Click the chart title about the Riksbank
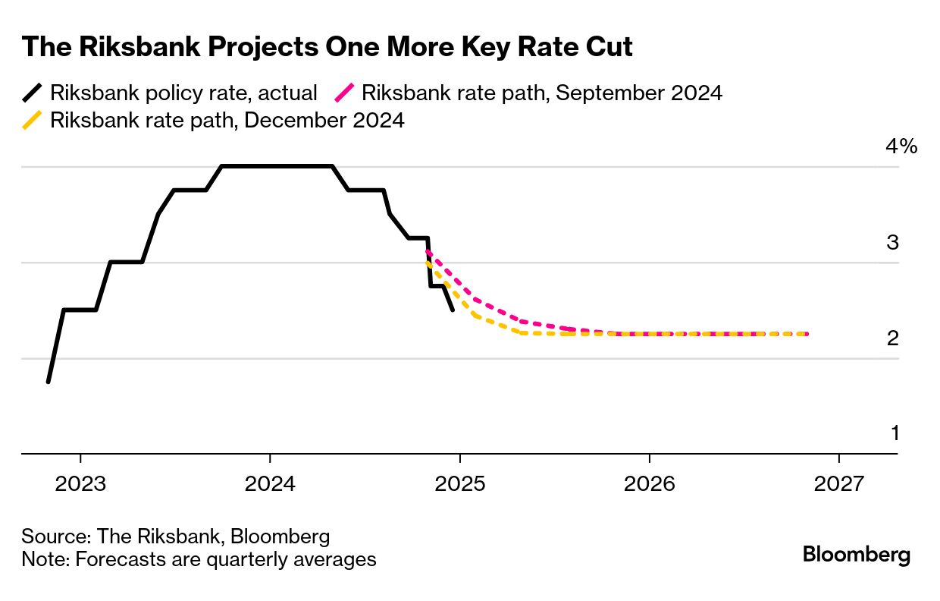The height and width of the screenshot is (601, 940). coord(327,47)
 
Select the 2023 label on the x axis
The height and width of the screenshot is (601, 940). coord(80,484)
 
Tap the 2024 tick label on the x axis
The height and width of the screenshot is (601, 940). coord(270,484)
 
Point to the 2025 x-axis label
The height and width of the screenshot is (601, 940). coord(460,484)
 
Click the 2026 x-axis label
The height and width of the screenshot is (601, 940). coord(650,484)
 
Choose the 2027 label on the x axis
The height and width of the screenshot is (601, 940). coord(839,484)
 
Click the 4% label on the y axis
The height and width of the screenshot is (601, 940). coord(901,146)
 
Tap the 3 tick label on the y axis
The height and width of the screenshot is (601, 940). coord(893,243)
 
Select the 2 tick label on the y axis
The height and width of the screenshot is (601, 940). coord(893,338)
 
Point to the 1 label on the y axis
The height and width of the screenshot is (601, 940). coord(895,434)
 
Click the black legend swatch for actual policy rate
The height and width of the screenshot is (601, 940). coord(32,93)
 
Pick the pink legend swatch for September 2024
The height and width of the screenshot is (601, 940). coord(344,93)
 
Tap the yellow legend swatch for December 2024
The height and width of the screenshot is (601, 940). coord(32,120)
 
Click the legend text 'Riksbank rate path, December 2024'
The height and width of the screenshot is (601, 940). coord(227,120)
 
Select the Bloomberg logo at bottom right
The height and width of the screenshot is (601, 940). coord(856,555)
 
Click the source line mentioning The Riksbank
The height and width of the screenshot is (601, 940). coord(176,536)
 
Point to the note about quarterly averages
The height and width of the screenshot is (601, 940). coord(199,560)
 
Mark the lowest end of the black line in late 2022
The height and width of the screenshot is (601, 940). coord(48,382)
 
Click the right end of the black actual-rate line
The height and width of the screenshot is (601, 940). coord(453,310)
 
